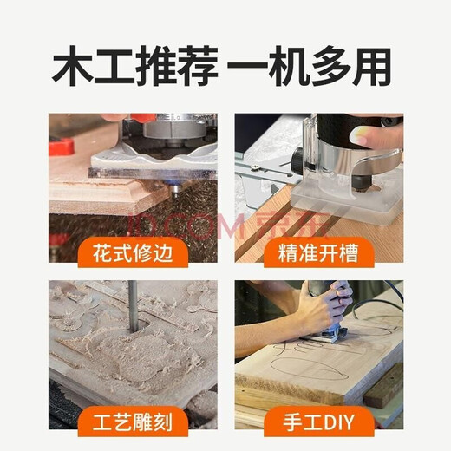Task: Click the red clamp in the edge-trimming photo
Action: click(x=62, y=145)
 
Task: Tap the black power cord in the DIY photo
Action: click(x=382, y=299)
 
